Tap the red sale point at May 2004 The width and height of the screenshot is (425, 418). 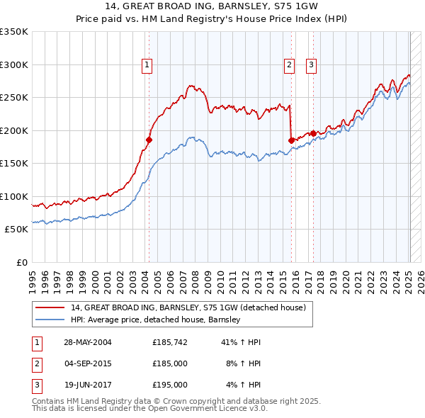[x=149, y=140]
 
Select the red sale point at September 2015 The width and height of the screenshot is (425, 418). [x=291, y=140]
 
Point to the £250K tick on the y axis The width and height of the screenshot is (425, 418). [x=14, y=98]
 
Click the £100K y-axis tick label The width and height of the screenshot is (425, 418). [x=14, y=196]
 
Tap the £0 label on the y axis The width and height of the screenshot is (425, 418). [x=21, y=262]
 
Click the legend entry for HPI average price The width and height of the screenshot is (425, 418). [x=156, y=320]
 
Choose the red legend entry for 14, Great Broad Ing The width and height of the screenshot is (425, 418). [x=188, y=307]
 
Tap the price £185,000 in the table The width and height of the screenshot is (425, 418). [x=169, y=363]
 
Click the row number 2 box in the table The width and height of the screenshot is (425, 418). [x=37, y=363]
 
